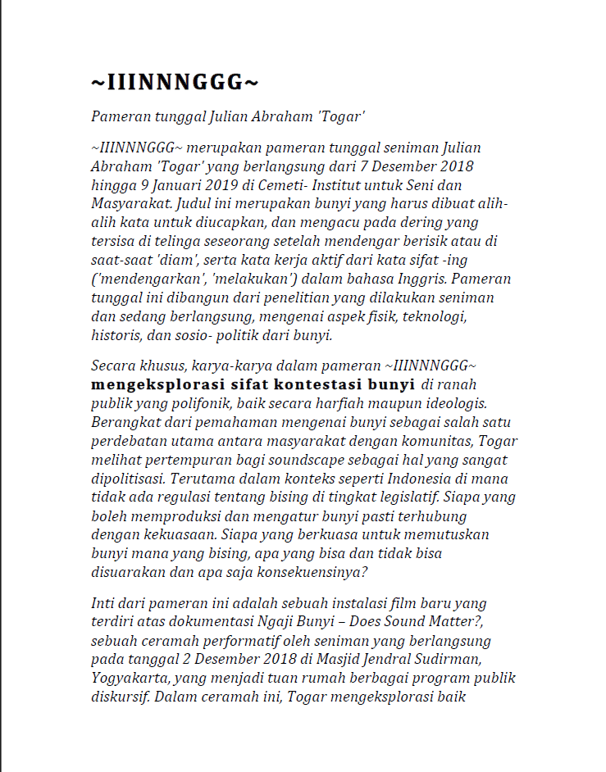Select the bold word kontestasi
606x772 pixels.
[x=321, y=384]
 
